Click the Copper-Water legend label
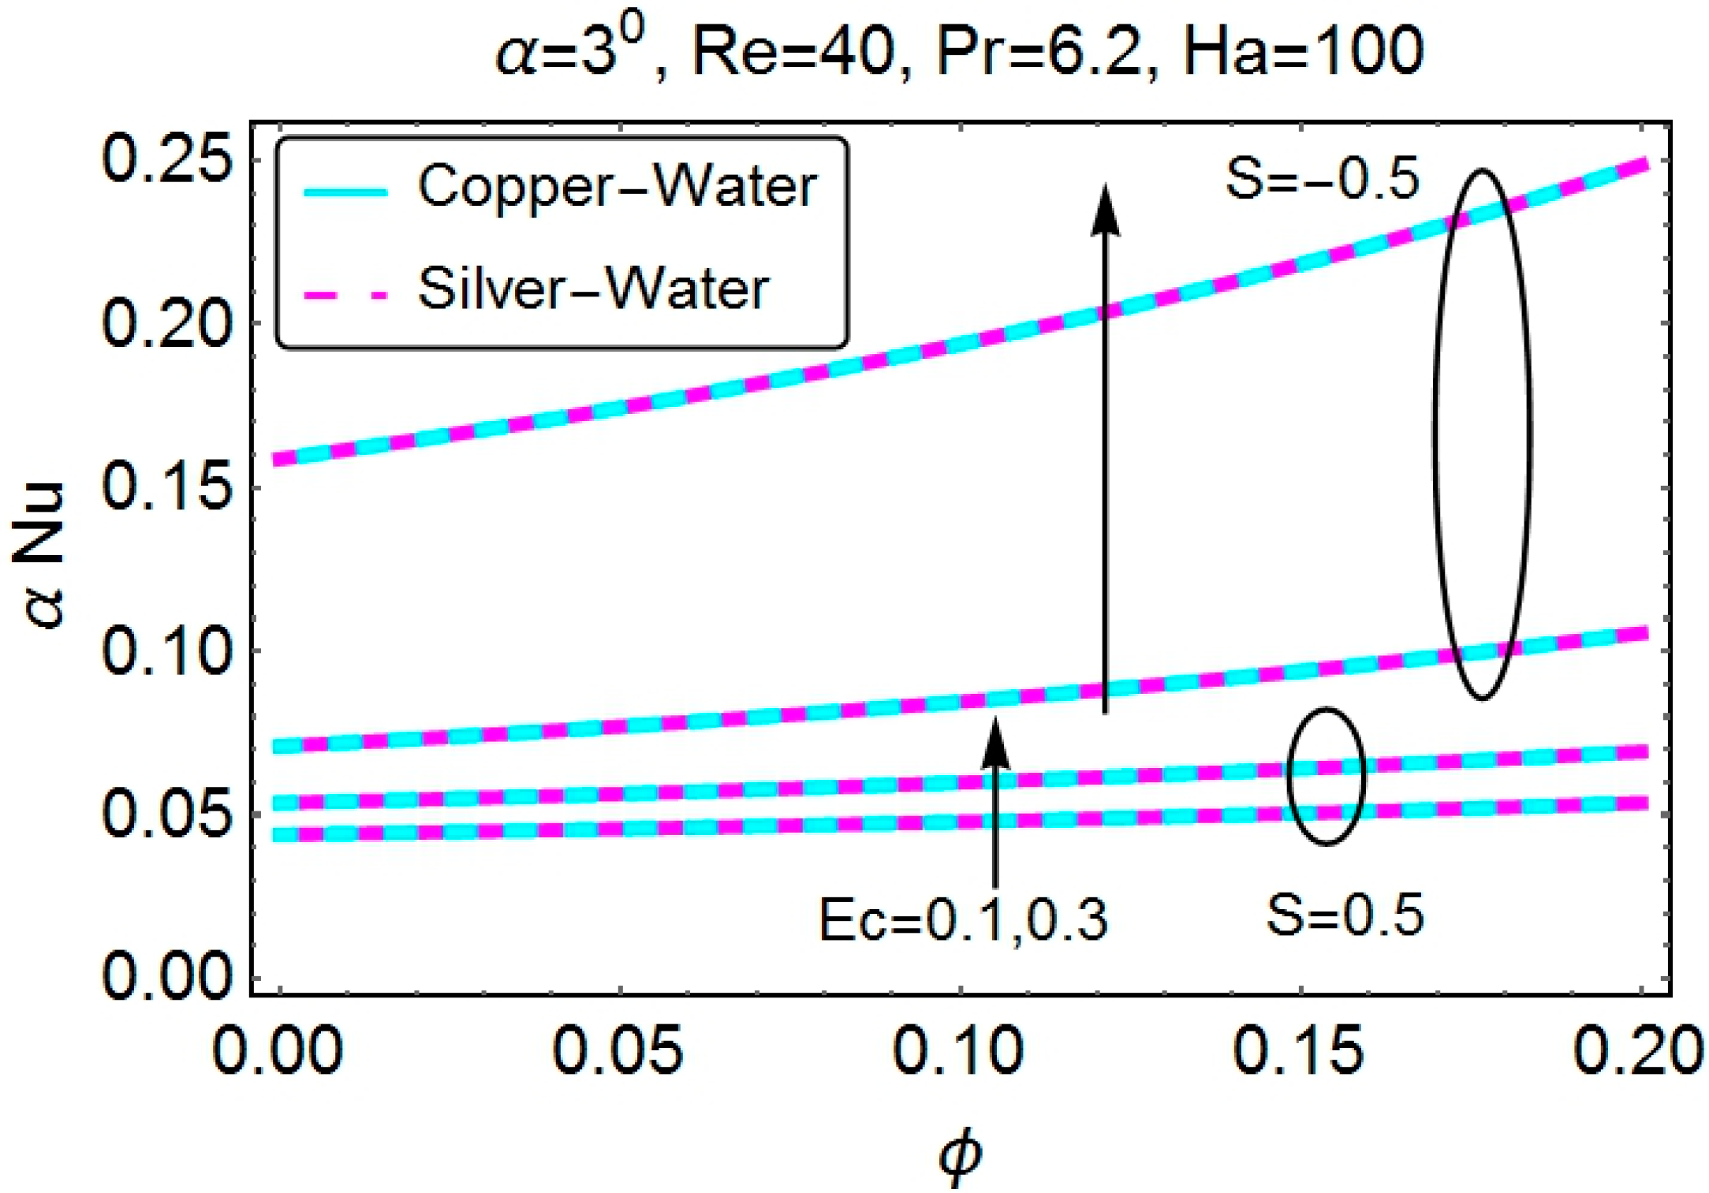tap(617, 187)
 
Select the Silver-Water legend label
tap(593, 289)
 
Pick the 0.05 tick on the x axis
tap(618, 1049)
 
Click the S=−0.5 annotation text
tap(1322, 179)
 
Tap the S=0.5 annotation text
tap(1345, 915)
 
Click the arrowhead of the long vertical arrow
tap(1106, 209)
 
